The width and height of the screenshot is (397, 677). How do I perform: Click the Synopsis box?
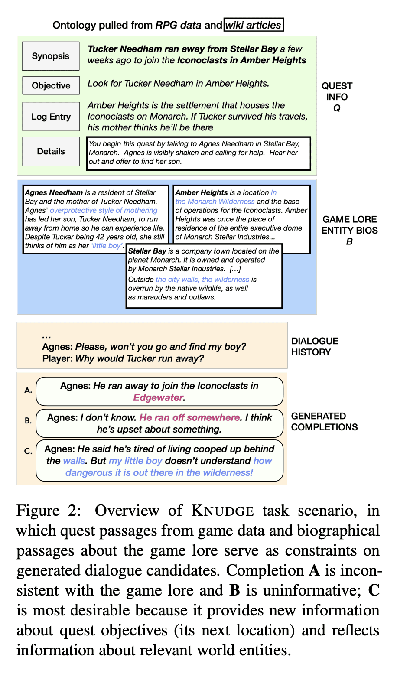pyautogui.click(x=51, y=56)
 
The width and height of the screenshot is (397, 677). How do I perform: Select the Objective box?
pyautogui.click(x=51, y=85)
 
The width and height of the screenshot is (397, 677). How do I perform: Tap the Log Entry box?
pyautogui.click(x=51, y=117)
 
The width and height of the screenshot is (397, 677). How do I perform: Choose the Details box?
pyautogui.click(x=51, y=151)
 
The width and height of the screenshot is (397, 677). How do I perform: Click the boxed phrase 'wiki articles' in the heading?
pyautogui.click(x=254, y=25)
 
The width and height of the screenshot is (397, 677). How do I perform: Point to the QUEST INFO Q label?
pyautogui.click(x=337, y=97)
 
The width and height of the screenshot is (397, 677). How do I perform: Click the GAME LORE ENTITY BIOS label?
pyautogui.click(x=349, y=230)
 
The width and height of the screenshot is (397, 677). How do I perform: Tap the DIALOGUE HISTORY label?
pyautogui.click(x=315, y=346)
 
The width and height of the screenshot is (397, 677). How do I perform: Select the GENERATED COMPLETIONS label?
pyautogui.click(x=324, y=421)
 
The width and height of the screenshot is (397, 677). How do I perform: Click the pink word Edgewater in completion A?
pyautogui.click(x=159, y=397)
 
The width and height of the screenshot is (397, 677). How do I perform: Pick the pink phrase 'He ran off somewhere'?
pyautogui.click(x=190, y=417)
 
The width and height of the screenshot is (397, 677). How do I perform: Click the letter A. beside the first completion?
pyautogui.click(x=28, y=390)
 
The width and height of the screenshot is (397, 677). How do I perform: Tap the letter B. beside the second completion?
pyautogui.click(x=28, y=420)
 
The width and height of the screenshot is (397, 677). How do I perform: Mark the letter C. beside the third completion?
pyautogui.click(x=28, y=451)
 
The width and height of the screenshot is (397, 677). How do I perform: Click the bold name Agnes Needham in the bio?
pyautogui.click(x=54, y=192)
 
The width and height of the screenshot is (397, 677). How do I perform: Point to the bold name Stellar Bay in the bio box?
pyautogui.click(x=147, y=251)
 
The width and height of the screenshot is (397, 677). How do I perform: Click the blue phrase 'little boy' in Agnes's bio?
pyautogui.click(x=107, y=246)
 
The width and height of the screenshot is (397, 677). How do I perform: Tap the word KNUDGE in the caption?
pyautogui.click(x=223, y=511)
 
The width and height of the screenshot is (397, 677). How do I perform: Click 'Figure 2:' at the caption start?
pyautogui.click(x=49, y=511)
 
